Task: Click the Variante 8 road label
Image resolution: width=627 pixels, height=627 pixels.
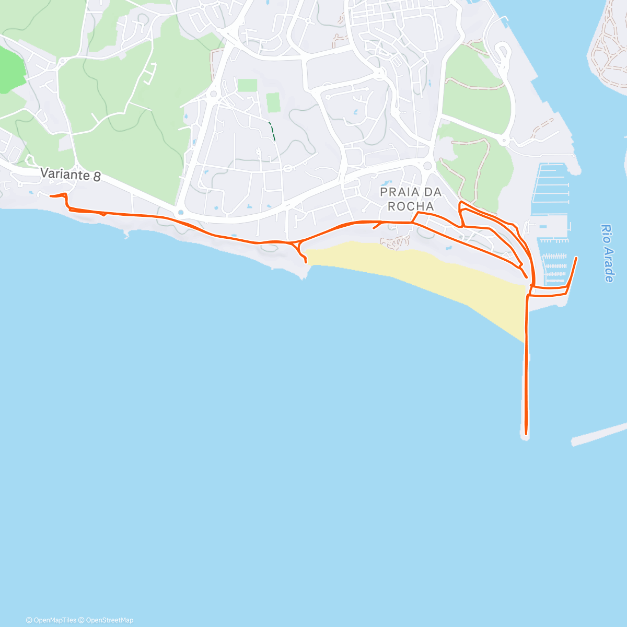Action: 71,174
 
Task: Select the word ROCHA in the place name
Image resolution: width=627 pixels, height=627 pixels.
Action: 411,206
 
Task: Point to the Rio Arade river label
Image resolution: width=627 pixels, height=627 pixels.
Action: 607,253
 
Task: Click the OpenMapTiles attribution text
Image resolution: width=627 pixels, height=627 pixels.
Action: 51,620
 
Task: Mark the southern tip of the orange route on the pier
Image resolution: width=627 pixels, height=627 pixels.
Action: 526,433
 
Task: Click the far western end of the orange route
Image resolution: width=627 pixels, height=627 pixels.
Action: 51,196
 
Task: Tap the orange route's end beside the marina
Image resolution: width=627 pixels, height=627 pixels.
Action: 576,258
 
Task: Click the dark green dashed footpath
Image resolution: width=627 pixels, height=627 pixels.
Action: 272,130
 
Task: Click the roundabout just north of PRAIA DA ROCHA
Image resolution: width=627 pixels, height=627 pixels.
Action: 428,166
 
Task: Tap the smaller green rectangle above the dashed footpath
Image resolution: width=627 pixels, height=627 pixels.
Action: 248,85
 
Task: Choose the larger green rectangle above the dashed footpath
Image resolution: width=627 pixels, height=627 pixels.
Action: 273,102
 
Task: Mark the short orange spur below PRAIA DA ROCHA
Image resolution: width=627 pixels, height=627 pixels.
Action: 376,226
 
